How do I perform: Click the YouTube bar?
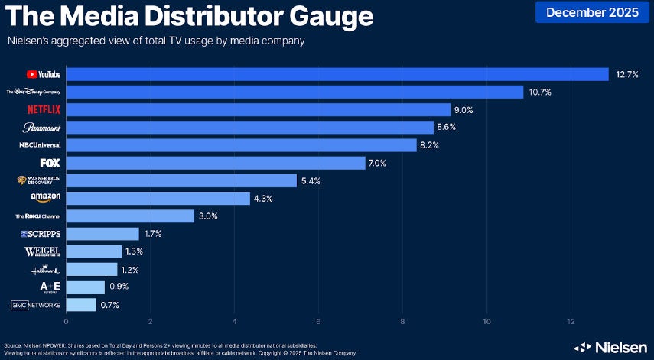click(x=337, y=74)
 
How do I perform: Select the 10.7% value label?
click(x=542, y=92)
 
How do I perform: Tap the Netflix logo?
click(x=44, y=110)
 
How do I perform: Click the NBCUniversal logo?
click(x=41, y=145)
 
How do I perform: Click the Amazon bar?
click(x=158, y=199)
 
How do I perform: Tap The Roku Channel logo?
click(x=38, y=216)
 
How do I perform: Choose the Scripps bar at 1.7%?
click(x=102, y=234)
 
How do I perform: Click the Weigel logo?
click(x=43, y=251)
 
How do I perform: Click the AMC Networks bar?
click(x=81, y=305)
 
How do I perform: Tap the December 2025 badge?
click(x=591, y=11)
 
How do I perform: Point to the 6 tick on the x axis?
click(x=318, y=321)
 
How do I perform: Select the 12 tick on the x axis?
click(x=571, y=321)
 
